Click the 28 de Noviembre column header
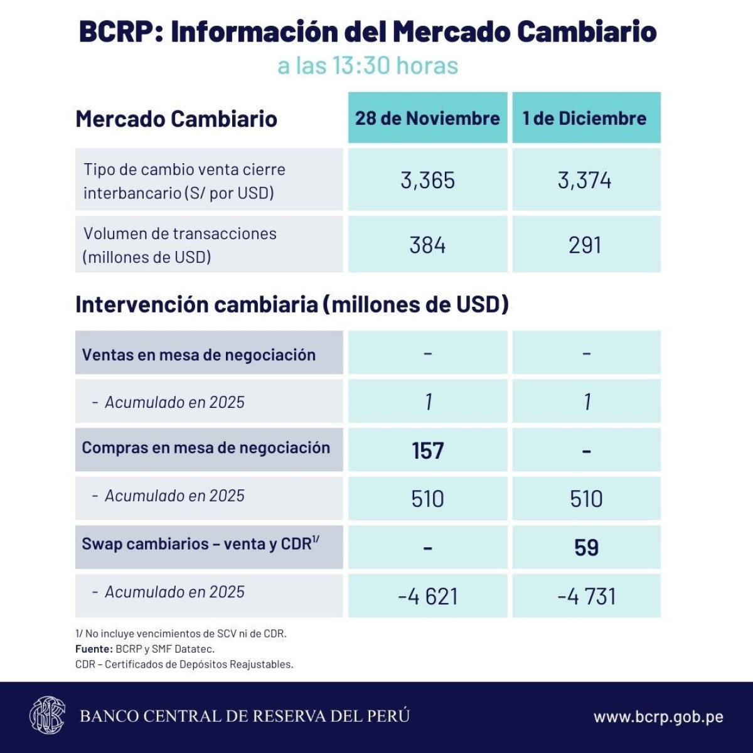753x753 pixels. (x=427, y=118)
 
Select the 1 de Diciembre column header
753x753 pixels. (x=585, y=118)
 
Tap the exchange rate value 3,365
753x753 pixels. (x=427, y=180)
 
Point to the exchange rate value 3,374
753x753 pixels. (x=585, y=180)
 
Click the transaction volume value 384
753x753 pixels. (x=427, y=245)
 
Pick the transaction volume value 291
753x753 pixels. (x=585, y=245)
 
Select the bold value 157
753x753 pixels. (x=427, y=451)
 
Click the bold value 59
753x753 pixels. (x=586, y=547)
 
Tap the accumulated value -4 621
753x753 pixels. (x=428, y=596)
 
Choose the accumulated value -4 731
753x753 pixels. (x=587, y=596)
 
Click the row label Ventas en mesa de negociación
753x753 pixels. (x=198, y=355)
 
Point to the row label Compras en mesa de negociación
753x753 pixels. (x=206, y=448)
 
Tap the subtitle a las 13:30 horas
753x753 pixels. (x=368, y=66)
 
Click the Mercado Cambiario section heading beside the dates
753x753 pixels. (x=176, y=119)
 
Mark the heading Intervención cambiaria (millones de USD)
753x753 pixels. (x=292, y=304)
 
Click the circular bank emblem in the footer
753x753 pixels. (x=47, y=715)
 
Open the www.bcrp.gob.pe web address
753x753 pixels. (x=658, y=717)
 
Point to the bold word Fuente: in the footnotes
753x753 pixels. (x=94, y=649)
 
